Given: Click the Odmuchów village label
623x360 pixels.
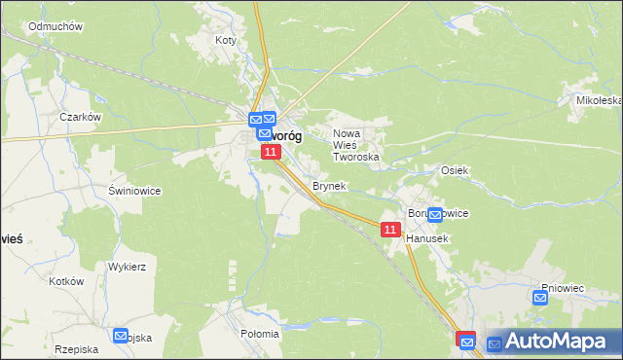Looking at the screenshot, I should coord(55,26).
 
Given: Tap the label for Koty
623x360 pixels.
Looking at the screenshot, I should coord(226,41).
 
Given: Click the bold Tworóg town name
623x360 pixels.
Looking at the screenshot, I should coord(282,137).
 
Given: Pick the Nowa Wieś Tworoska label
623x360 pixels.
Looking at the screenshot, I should coord(355,145).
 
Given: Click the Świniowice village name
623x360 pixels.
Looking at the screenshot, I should coord(134,191).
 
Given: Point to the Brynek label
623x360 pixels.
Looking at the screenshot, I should coord(329,185).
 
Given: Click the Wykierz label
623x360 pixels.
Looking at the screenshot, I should coord(127,266).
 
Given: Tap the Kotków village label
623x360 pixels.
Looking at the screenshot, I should coord(67,280).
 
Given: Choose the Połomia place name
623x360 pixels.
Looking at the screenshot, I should coord(259,334).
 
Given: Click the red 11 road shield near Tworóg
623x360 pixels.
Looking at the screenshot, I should coord(272,152).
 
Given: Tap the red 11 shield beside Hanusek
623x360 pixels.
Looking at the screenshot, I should coord(389,229).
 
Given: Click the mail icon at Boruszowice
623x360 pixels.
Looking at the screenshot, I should coord(435,214).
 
